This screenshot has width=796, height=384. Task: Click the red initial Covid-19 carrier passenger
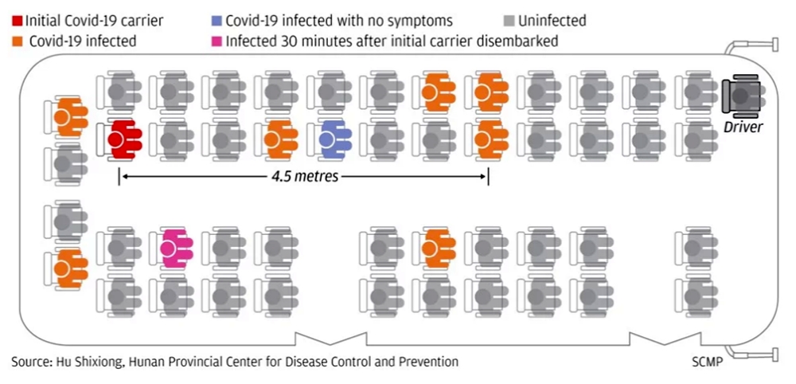124,139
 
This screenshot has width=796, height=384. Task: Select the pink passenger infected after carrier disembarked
176,249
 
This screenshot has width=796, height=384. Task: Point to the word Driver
743,127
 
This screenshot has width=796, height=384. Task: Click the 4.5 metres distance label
304,178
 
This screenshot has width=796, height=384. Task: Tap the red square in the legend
18,21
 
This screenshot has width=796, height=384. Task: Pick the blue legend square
217,21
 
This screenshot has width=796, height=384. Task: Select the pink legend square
217,41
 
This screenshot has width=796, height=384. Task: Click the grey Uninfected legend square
510,21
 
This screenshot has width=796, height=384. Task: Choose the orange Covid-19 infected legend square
18,41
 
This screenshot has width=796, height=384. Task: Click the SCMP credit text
707,362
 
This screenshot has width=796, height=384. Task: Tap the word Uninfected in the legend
552,21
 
